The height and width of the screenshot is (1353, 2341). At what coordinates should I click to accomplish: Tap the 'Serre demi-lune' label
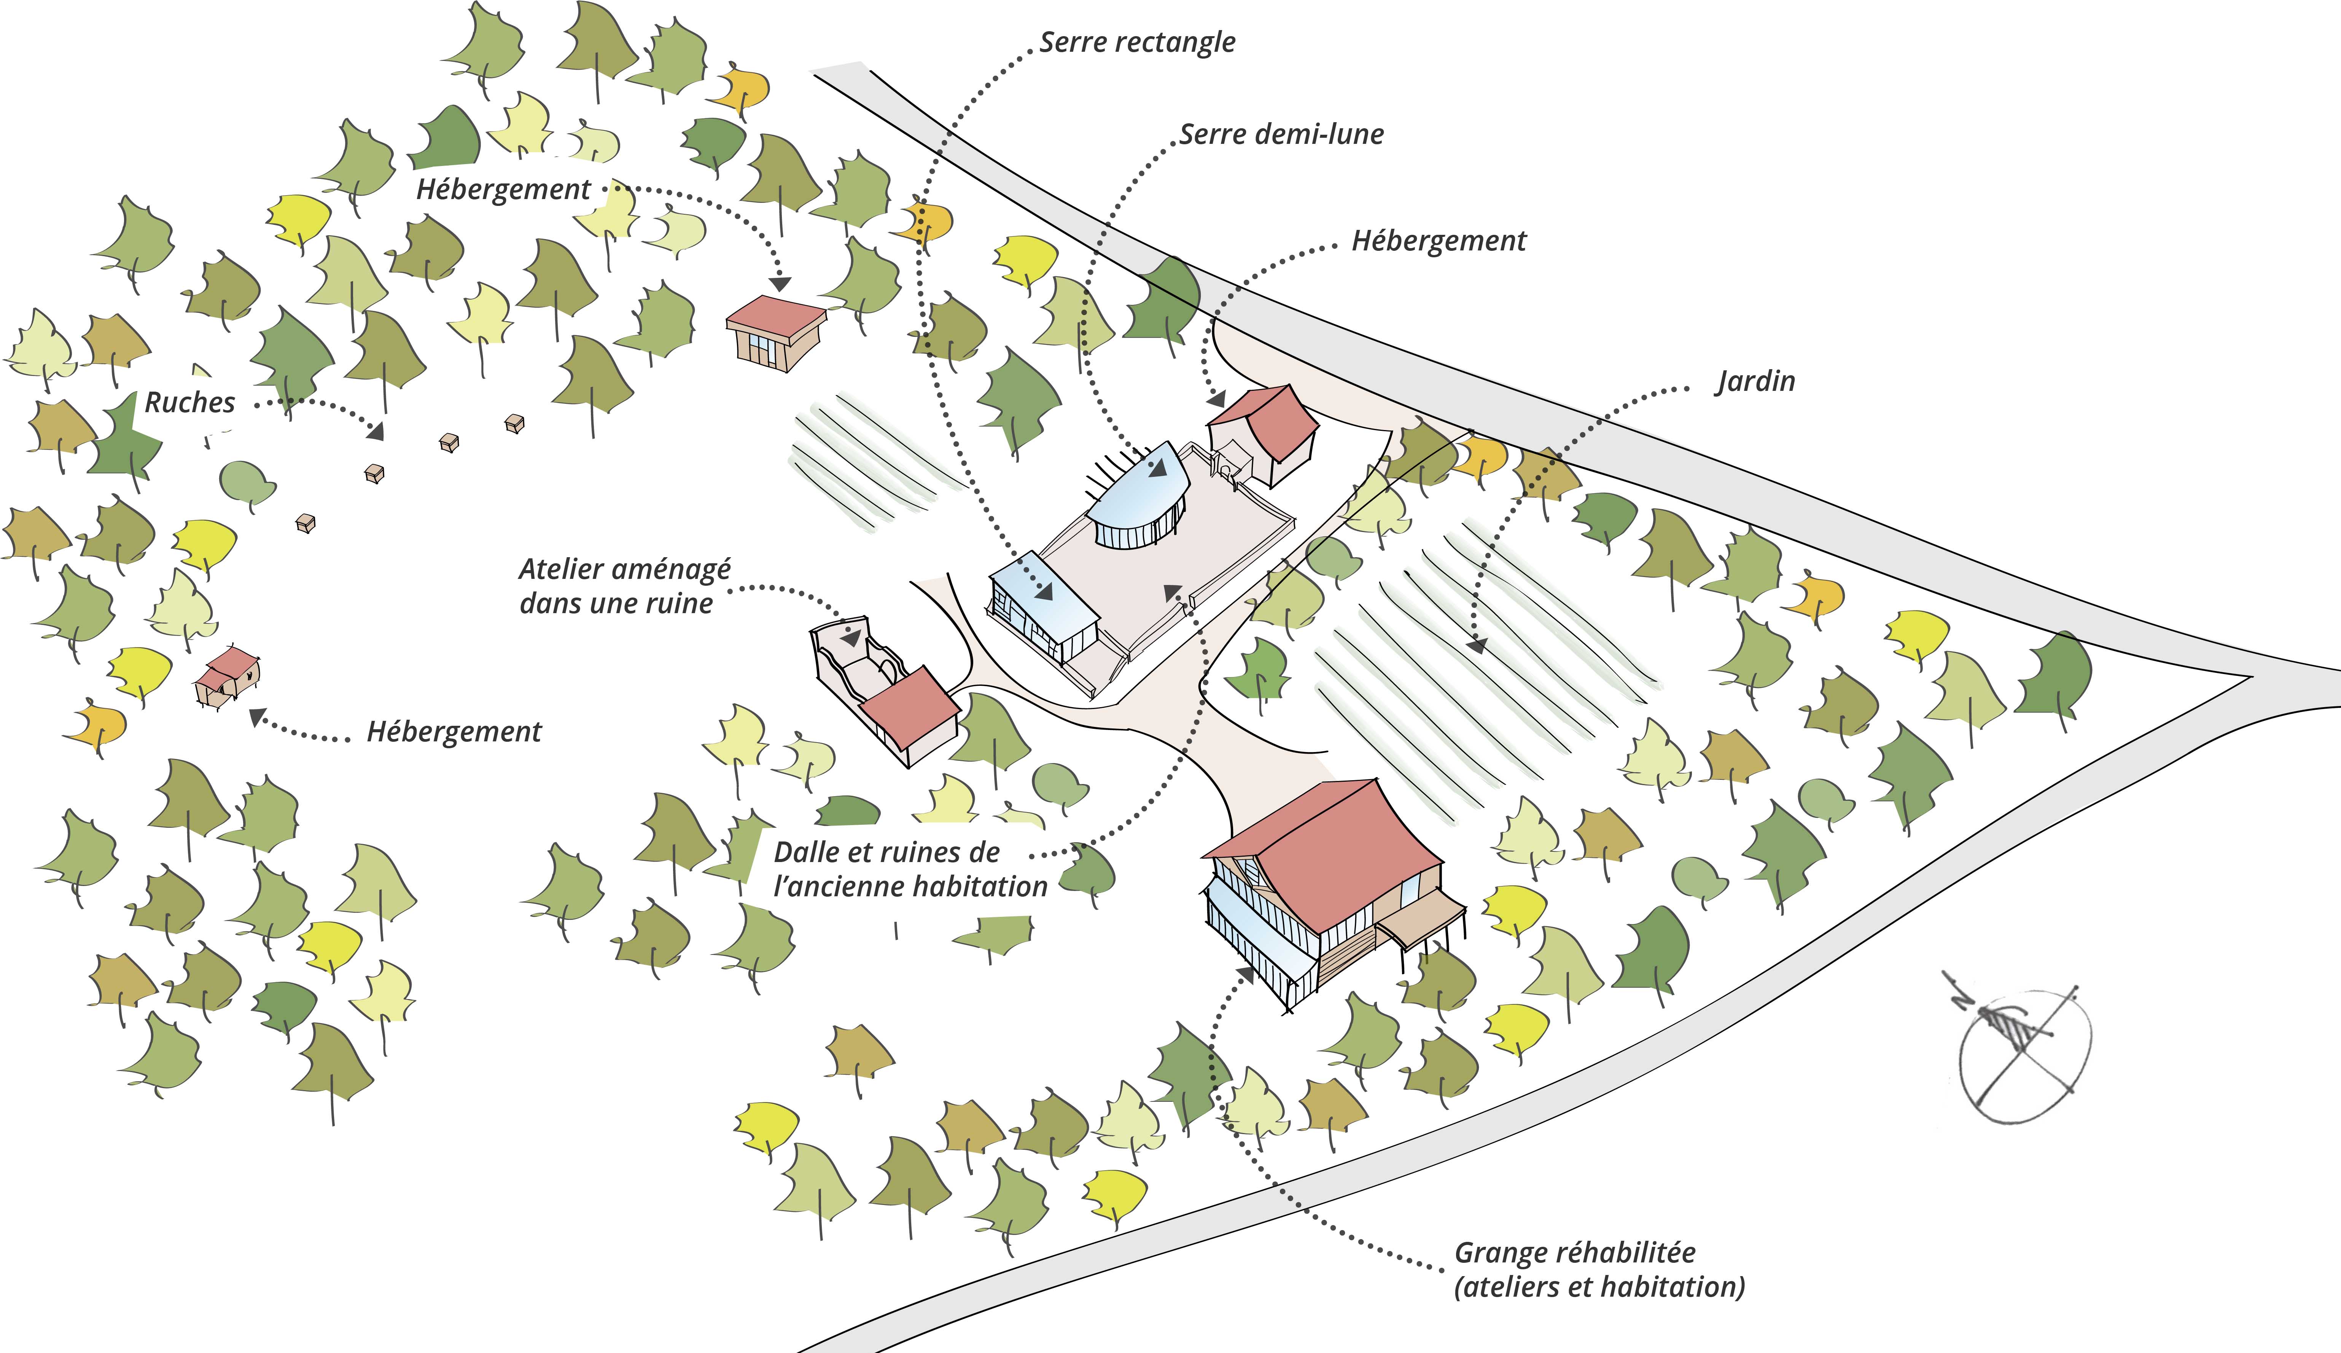tap(1281, 135)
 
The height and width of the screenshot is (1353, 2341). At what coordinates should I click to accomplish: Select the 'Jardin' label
tap(1755, 381)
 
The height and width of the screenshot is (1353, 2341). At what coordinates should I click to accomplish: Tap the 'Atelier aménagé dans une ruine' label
tap(624, 585)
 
